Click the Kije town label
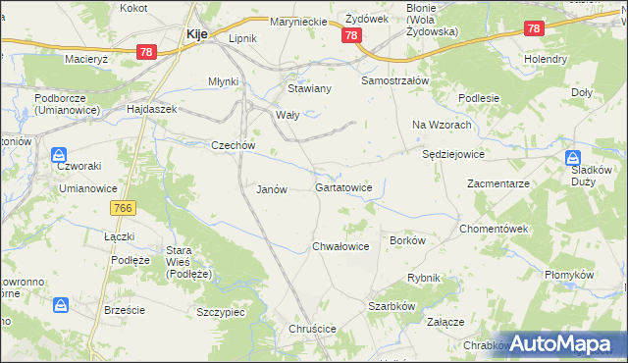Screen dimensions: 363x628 click(x=196, y=33)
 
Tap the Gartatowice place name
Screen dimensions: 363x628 click(x=343, y=186)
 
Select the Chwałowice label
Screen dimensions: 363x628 click(x=340, y=246)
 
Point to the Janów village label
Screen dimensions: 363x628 click(x=271, y=189)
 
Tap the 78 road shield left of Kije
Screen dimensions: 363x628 click(x=146, y=50)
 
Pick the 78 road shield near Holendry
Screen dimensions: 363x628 click(x=534, y=29)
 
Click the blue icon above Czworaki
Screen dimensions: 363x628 click(x=59, y=154)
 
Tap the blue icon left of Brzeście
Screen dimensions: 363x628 click(x=60, y=305)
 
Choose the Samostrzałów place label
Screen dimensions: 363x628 click(x=395, y=79)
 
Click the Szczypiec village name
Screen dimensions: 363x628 click(x=221, y=311)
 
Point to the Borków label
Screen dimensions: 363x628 click(x=407, y=239)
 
